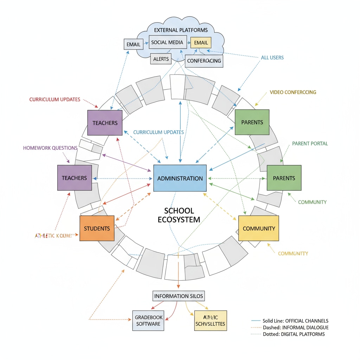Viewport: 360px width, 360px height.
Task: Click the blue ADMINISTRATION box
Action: point(180,178)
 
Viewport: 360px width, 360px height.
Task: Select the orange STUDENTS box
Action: point(97,228)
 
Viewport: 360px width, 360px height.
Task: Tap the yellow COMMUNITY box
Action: point(259,228)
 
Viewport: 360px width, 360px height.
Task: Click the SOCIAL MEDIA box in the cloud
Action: point(167,43)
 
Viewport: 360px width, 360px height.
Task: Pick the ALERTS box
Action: point(161,59)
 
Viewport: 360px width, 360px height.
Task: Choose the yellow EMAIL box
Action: point(201,43)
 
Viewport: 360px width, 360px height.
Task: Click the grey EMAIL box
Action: point(133,44)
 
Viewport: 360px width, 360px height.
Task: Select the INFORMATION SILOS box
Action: point(179,296)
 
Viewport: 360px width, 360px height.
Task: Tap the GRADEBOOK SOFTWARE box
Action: point(148,320)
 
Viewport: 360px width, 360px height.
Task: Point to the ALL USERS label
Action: point(272,57)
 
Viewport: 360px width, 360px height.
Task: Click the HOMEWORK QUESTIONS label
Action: point(50,148)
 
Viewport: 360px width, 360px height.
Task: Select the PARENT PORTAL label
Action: point(310,143)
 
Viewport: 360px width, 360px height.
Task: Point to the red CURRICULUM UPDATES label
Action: point(54,99)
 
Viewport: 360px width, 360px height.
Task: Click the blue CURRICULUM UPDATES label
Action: point(159,132)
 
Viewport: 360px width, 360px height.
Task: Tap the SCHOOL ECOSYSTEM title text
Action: point(179,215)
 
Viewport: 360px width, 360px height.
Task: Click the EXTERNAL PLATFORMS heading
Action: point(181,30)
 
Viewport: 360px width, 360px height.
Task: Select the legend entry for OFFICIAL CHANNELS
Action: point(290,321)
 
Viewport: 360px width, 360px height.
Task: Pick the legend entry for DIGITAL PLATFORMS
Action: point(290,334)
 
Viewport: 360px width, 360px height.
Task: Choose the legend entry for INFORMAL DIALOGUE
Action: point(290,327)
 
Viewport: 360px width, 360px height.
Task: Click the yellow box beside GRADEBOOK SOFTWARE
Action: point(211,320)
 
